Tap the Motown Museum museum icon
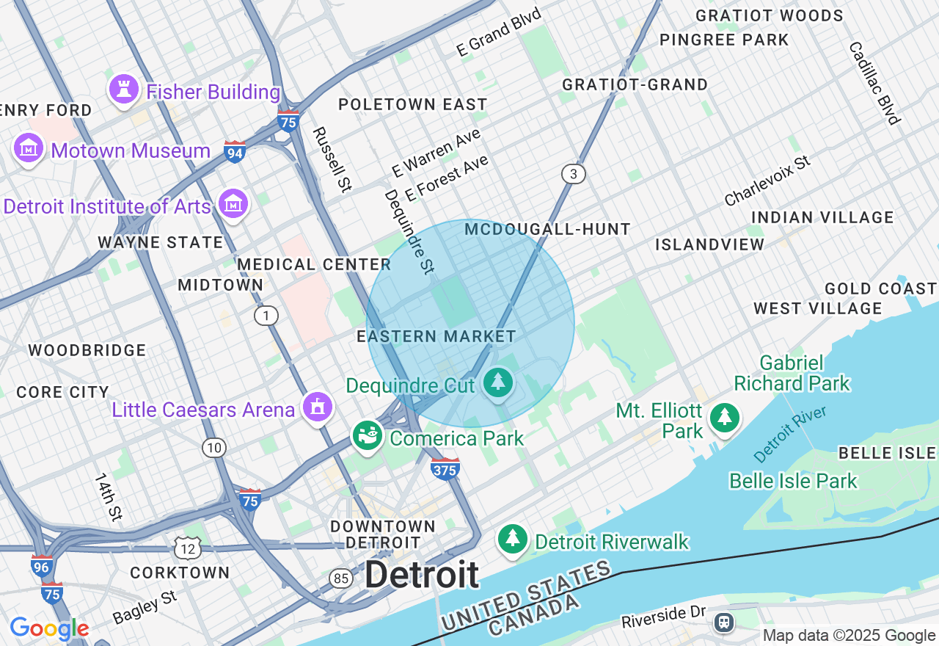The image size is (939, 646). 29,149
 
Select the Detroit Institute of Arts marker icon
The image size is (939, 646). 233,204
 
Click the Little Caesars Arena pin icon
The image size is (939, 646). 318,407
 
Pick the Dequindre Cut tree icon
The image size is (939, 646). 499,382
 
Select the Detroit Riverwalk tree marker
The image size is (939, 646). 513,540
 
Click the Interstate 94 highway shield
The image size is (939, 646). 235,152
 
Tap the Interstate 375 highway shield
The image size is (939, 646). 445,468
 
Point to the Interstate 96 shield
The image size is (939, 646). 42,566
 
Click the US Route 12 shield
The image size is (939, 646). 188,547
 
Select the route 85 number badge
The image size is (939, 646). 341,578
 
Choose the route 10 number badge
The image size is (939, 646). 214,448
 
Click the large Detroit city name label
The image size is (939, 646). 422,574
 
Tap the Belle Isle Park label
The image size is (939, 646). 793,481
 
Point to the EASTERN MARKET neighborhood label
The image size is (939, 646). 436,336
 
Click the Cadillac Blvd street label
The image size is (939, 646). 874,83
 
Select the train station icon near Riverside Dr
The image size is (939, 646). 724,623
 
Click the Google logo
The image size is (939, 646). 49,628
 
